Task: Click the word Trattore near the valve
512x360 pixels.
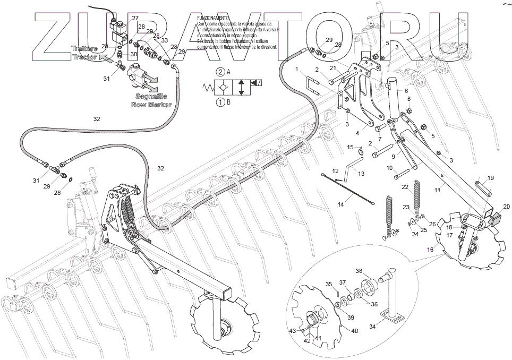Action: click(x=83, y=48)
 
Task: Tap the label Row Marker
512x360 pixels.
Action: click(x=152, y=105)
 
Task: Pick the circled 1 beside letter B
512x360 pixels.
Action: click(x=219, y=102)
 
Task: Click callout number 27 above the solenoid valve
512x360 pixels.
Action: click(x=135, y=19)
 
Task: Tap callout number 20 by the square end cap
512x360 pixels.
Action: click(x=506, y=206)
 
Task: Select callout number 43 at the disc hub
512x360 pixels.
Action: click(x=292, y=331)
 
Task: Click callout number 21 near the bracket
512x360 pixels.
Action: click(x=333, y=68)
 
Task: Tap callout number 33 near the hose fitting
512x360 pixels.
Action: click(x=164, y=40)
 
